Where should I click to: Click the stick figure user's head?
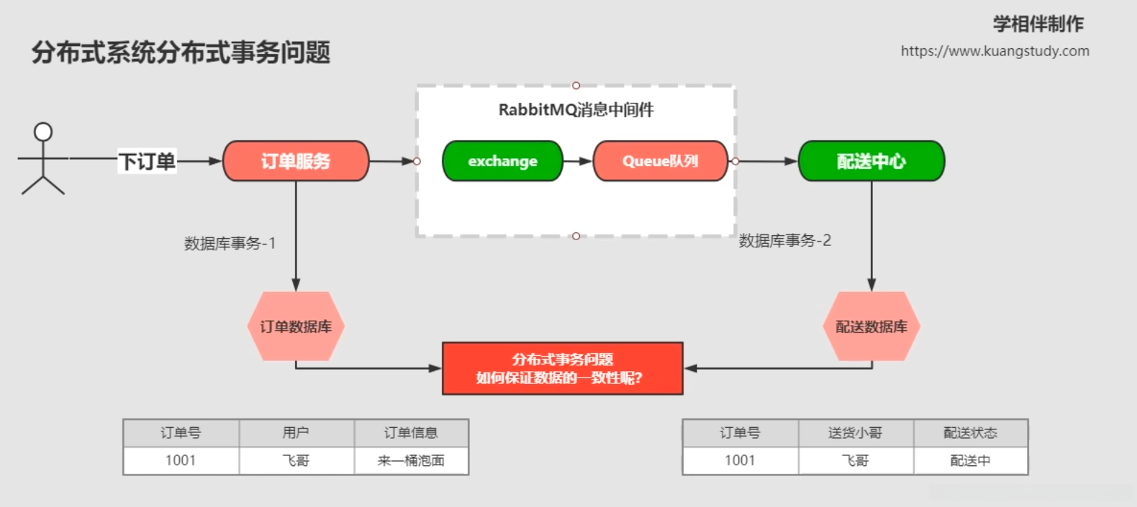43,132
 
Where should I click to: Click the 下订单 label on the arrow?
147,161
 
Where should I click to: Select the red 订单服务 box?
296,161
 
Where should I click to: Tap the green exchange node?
502,161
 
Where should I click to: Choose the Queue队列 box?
660,161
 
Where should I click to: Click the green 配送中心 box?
871,161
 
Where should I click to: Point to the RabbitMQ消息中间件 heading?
576,110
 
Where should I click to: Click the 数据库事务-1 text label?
230,244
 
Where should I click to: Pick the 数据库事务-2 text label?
784,241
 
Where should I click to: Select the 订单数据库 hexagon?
296,326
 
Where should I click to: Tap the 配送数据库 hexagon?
871,326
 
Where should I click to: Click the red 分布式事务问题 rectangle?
562,368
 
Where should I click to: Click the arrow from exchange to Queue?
577,161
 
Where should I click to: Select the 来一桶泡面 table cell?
411,461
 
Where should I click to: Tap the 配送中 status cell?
970,461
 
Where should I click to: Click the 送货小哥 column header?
855,433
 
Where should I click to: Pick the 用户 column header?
296,433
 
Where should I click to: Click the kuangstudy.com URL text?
995,51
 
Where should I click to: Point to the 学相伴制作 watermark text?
1038,24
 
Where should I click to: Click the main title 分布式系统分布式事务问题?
181,52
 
